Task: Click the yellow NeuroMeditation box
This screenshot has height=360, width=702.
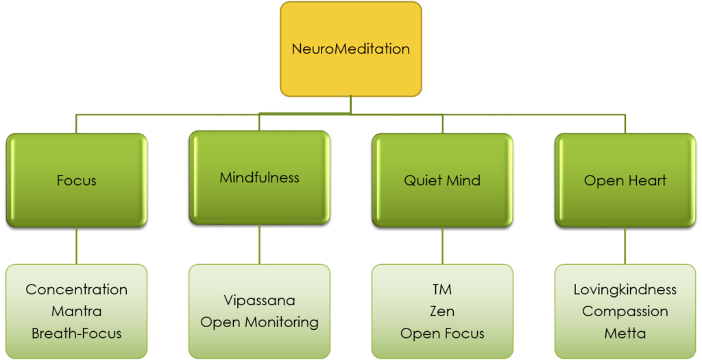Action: click(x=350, y=49)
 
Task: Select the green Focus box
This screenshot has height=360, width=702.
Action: click(x=76, y=181)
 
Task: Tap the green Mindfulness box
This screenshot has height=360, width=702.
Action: click(x=259, y=178)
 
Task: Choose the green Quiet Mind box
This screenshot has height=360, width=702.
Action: click(x=442, y=181)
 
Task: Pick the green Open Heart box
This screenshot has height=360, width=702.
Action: click(x=625, y=181)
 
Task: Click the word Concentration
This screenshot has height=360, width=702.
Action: click(x=76, y=289)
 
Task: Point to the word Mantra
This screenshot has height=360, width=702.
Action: click(x=76, y=311)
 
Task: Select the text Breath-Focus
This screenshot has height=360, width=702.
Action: click(x=76, y=334)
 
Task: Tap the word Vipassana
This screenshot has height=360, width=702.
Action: click(x=259, y=300)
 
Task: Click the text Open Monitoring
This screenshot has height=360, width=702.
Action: click(x=259, y=322)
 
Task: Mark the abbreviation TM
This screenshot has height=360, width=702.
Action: click(x=442, y=289)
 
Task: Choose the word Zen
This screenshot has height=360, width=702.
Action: click(x=442, y=311)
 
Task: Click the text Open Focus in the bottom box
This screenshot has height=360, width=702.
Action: click(x=442, y=334)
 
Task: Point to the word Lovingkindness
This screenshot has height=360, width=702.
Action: click(x=625, y=289)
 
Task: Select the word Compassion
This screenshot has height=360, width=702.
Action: click(x=625, y=311)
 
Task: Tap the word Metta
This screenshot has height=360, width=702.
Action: click(x=625, y=334)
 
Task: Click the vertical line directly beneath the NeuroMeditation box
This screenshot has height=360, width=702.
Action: click(x=351, y=104)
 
